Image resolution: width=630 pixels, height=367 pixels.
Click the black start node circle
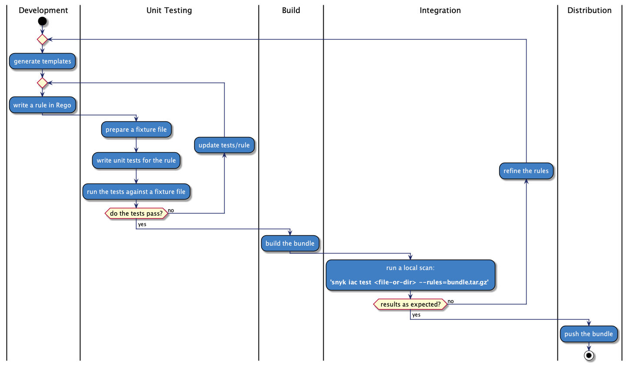[42, 21]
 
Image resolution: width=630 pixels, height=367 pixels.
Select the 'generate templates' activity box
[42, 61]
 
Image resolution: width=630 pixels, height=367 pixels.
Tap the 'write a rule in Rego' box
[42, 105]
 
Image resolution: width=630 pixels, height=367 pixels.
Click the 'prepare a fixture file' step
[136, 130]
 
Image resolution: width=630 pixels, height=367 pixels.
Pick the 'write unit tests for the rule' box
[136, 160]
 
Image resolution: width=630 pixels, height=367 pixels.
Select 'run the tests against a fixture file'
[136, 192]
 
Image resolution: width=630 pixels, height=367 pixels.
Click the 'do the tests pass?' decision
[136, 214]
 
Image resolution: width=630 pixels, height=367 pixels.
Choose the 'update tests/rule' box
[224, 145]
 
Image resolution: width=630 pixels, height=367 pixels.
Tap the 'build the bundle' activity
[290, 244]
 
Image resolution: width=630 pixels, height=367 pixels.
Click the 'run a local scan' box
[410, 275]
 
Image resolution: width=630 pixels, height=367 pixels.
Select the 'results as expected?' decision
[410, 304]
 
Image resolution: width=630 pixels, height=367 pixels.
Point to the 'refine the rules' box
[526, 171]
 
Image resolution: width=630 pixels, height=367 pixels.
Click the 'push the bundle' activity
[588, 334]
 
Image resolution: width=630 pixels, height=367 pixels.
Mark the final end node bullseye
[589, 356]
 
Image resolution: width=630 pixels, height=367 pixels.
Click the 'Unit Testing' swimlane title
[169, 10]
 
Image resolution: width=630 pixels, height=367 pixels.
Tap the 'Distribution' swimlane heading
[589, 10]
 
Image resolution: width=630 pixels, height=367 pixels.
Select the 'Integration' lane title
[440, 10]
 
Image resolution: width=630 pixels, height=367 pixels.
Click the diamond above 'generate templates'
[42, 40]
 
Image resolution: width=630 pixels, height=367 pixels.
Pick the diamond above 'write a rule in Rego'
[42, 83]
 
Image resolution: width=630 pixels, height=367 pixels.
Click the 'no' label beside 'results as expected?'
[451, 301]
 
